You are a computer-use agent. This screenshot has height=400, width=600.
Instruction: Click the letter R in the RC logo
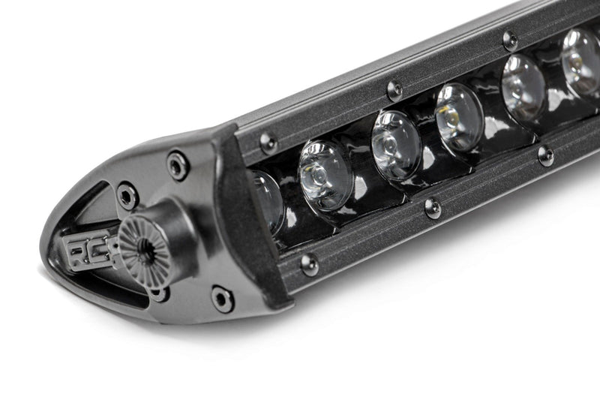click(78, 252)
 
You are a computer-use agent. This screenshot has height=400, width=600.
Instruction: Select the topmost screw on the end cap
click(178, 164)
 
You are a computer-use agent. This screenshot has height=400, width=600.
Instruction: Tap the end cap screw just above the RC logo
click(127, 196)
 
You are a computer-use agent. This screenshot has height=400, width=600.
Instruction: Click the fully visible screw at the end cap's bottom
click(222, 299)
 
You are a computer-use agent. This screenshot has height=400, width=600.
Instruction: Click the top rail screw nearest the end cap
click(268, 142)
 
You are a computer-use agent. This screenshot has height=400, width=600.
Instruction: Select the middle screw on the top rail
click(394, 90)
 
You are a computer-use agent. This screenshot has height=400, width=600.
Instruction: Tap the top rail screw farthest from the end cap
click(510, 40)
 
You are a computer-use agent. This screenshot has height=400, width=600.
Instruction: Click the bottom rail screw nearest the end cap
click(307, 263)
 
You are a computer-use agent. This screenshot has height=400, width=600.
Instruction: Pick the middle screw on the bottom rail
click(432, 208)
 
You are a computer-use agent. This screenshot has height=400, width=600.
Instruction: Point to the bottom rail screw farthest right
click(546, 155)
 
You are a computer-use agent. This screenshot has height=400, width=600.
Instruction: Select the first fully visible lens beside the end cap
click(325, 175)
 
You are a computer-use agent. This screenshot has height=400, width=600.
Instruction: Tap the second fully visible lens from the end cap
click(396, 145)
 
